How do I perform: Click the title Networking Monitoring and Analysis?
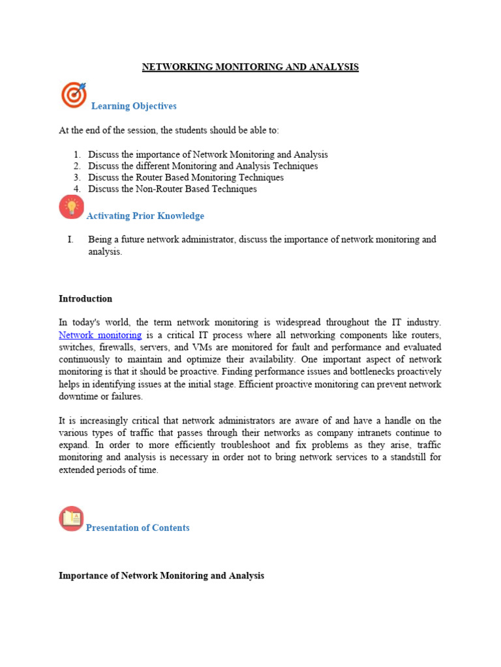(250, 67)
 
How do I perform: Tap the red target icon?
(74, 94)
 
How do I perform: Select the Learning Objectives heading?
(134, 106)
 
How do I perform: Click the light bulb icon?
(71, 206)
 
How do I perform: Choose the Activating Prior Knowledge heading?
(145, 216)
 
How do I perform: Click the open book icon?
(71, 518)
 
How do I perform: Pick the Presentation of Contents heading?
(138, 528)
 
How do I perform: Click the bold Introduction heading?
(85, 299)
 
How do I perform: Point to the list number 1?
(77, 155)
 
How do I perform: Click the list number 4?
(77, 190)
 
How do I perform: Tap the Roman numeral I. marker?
(70, 240)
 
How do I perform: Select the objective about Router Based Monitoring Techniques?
(186, 178)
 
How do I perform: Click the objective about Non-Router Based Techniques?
(172, 190)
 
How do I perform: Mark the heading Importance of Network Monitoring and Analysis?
(161, 576)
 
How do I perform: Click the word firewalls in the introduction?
(119, 347)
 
